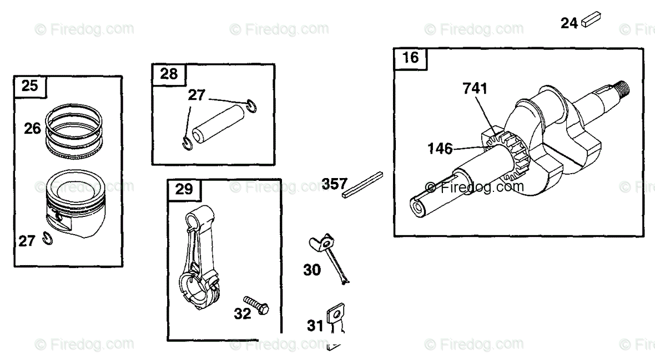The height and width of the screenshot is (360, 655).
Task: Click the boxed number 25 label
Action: point(30,86)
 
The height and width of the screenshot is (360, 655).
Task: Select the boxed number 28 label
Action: point(169,73)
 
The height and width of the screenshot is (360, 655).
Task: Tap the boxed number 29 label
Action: point(184,189)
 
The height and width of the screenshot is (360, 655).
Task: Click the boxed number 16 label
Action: point(411,58)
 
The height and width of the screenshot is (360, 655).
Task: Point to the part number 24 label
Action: point(569,23)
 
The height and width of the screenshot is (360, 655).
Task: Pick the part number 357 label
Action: point(334,184)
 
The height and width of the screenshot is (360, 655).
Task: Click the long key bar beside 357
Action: point(362,184)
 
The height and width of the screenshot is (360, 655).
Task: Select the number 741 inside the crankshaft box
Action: point(475,88)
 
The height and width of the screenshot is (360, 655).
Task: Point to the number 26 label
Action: point(32,129)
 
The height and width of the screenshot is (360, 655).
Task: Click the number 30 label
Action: point(312,270)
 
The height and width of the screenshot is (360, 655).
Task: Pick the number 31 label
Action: point(315,326)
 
